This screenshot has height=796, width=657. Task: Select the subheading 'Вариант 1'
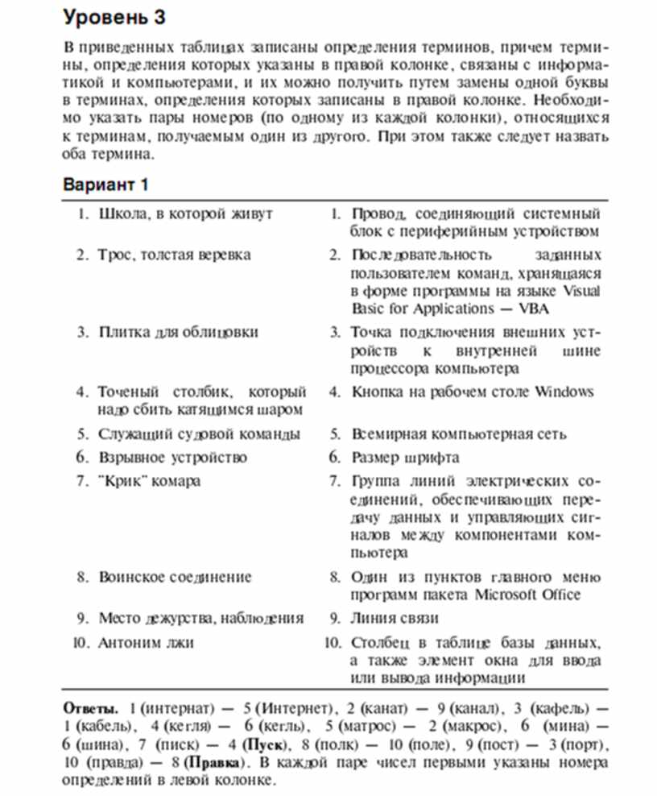pyautogui.click(x=105, y=184)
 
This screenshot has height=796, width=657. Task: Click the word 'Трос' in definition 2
pyautogui.click(x=114, y=255)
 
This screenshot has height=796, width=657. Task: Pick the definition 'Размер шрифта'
pyautogui.click(x=405, y=458)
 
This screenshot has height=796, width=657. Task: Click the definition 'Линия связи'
pyautogui.click(x=395, y=619)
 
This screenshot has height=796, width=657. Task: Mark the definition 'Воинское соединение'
pyautogui.click(x=175, y=578)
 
